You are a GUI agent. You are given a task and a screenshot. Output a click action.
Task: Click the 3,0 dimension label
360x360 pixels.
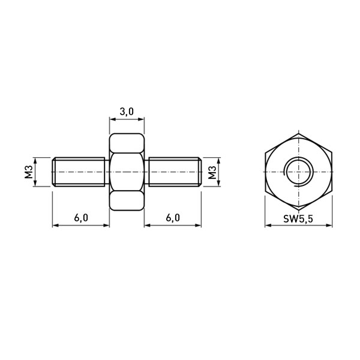pyautogui.click(x=127, y=112)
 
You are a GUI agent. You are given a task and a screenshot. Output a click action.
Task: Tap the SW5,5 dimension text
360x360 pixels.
pyautogui.click(x=298, y=219)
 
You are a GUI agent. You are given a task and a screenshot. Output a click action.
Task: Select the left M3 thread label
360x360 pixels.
pyautogui.click(x=29, y=172)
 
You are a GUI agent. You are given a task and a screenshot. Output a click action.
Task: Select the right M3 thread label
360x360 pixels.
pyautogui.click(x=212, y=172)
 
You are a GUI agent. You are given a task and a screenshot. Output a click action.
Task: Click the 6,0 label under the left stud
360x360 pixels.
pyautogui.click(x=81, y=218)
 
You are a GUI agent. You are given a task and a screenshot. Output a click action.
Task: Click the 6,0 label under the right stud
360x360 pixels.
pyautogui.click(x=173, y=218)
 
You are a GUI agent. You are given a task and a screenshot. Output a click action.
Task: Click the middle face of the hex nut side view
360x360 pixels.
pyautogui.click(x=127, y=172)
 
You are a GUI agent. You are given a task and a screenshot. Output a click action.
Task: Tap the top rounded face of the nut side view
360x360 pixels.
pyautogui.click(x=127, y=143)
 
